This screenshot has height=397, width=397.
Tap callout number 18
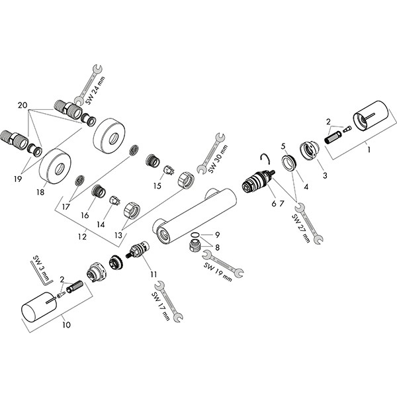[x=40, y=193]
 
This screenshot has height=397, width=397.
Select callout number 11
[x=153, y=273]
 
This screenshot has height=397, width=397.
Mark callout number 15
[x=157, y=186]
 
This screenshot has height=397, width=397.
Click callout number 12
[x=81, y=235]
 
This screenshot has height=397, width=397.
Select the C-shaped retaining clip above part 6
[x=265, y=157]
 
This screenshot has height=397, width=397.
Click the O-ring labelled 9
[x=194, y=235]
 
